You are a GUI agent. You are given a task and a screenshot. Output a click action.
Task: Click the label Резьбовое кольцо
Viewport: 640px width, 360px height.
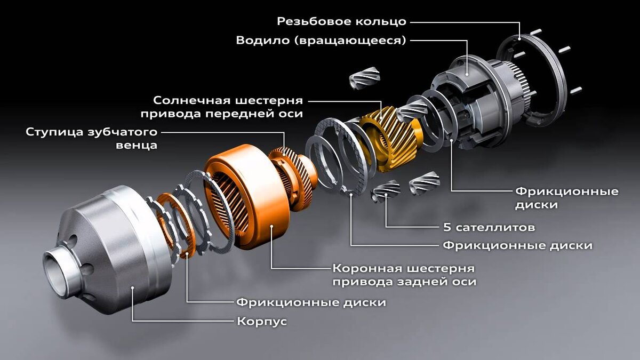(342, 21)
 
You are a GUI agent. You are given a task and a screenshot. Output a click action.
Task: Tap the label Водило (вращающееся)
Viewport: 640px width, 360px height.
(321, 41)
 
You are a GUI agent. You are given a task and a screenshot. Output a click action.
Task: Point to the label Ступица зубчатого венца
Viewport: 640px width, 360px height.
(91, 138)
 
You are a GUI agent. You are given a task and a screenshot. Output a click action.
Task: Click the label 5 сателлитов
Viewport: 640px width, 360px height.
(489, 227)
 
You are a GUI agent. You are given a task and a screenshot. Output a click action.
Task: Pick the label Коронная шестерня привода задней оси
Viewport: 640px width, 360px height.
(404, 274)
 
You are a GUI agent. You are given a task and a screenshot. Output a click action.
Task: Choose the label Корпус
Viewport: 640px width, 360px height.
(261, 322)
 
